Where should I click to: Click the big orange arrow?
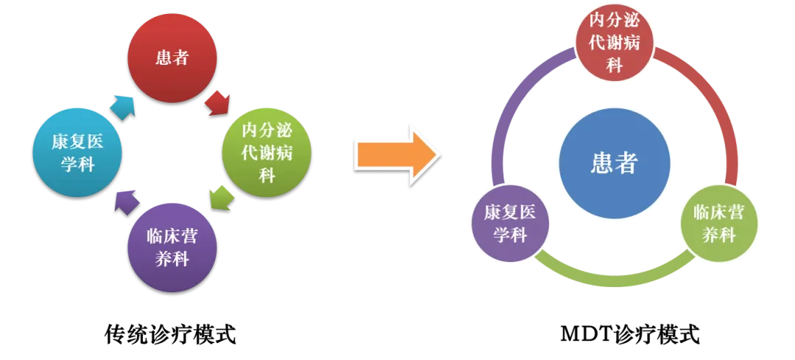point(397,154)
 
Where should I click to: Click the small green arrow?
point(220,197)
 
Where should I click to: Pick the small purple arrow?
point(126,200)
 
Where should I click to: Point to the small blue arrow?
point(124,107)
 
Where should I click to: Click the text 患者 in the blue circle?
point(615,163)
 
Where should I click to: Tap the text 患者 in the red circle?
point(172,58)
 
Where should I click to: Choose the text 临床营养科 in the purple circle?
point(172,247)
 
